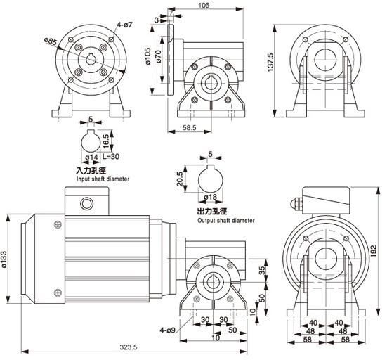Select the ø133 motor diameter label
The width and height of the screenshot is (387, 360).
coord(5,259)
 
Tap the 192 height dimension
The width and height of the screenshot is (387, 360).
coord(374,251)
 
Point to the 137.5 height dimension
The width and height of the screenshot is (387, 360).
coord(271,63)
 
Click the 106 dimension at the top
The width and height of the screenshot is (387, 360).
coord(204,5)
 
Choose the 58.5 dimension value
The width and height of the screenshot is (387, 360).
coord(190,127)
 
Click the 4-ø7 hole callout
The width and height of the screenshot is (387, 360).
coord(124,25)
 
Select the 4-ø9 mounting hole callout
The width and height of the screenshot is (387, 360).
coord(167,330)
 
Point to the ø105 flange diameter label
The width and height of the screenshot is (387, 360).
coord(147,56)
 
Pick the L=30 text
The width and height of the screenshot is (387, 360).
coord(111,156)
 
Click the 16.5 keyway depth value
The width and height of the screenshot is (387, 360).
coord(106,141)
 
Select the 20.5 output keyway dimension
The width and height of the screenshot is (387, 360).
coord(180,179)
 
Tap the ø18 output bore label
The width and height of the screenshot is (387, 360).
coord(211,197)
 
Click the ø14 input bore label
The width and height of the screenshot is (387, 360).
coord(91,157)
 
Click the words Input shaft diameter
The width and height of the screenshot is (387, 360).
coord(103,179)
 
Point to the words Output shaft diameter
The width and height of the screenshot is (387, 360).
coord(226,220)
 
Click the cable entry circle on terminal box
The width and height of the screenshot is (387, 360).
coord(87,204)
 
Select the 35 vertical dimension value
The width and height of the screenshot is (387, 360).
coord(263,270)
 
